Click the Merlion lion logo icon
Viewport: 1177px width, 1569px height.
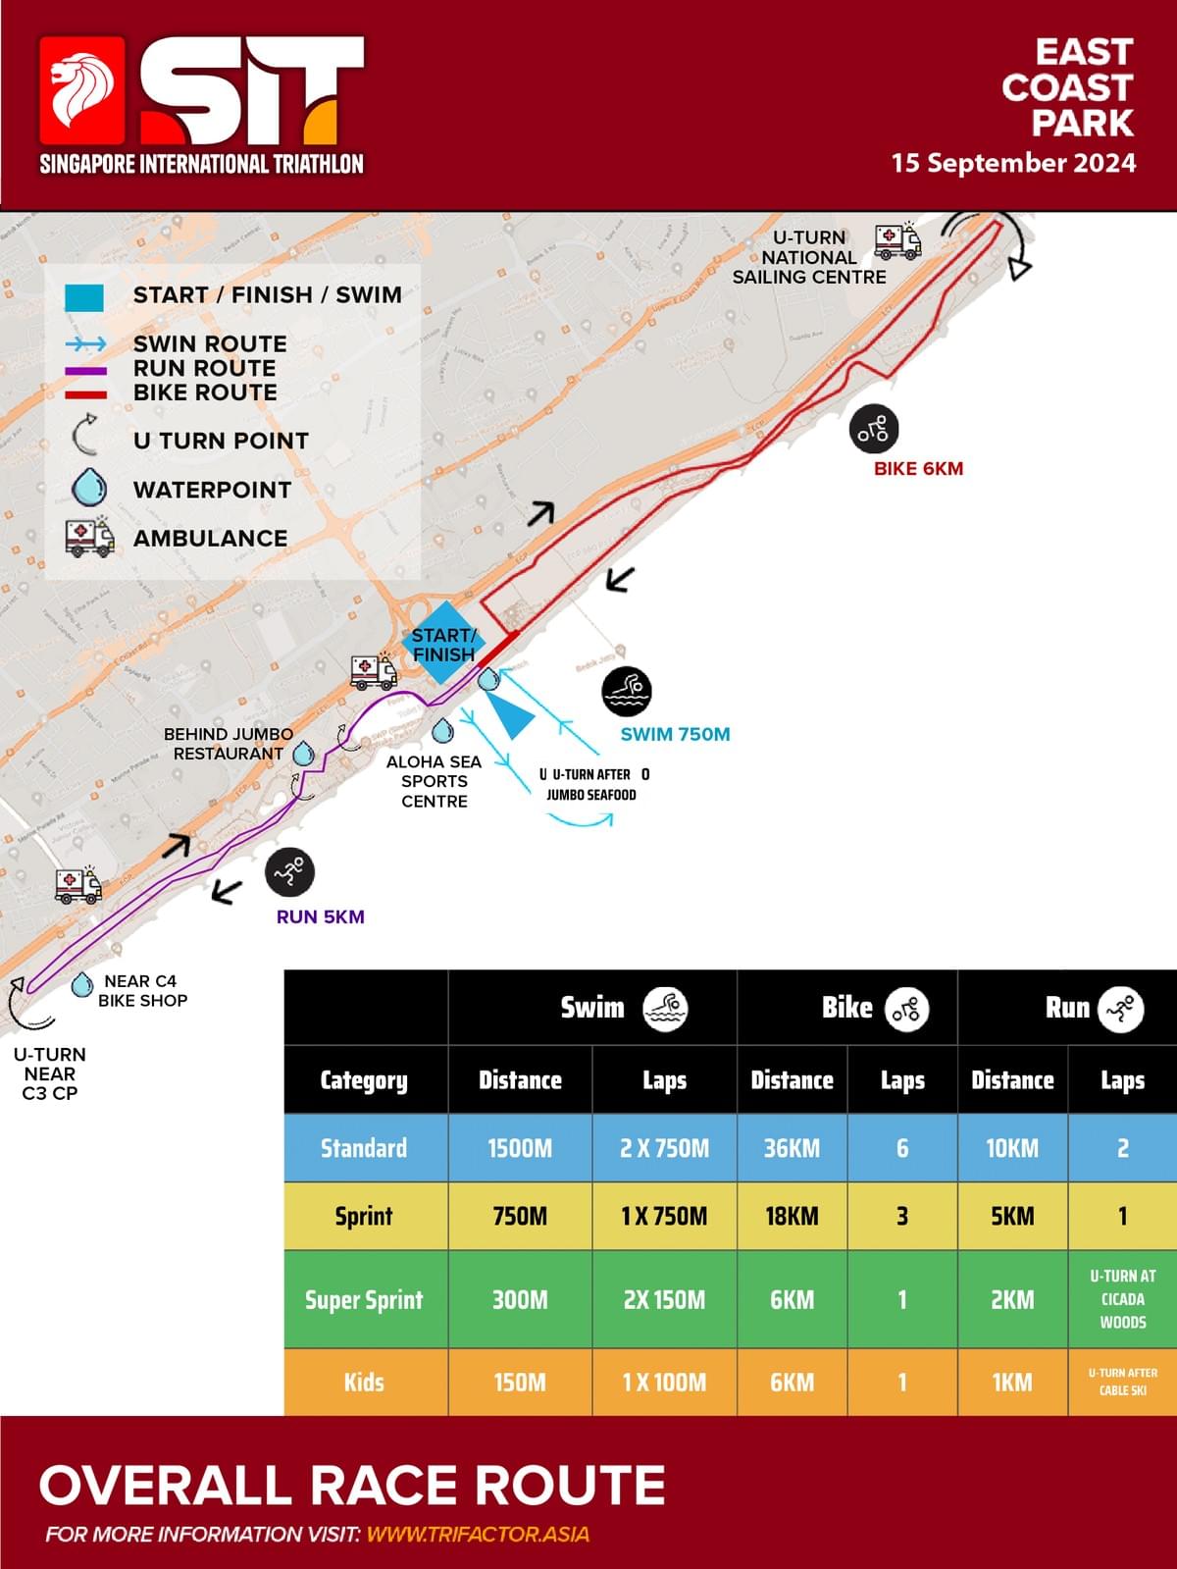[x=82, y=90]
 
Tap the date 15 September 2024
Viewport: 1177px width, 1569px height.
[x=1013, y=163]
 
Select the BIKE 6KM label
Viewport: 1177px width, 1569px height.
[x=918, y=469]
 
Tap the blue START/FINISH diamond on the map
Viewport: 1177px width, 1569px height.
[x=443, y=644]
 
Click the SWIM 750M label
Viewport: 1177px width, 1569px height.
[x=675, y=734]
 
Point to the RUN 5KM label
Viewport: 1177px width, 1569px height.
[x=320, y=916]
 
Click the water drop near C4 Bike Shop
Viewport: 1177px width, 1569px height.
[x=82, y=984]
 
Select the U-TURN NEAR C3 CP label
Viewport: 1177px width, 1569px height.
[x=50, y=1073]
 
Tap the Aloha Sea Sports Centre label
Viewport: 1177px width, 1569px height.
[x=434, y=781]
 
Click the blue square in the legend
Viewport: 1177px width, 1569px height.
[x=84, y=297]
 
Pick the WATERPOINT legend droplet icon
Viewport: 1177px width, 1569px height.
[x=90, y=489]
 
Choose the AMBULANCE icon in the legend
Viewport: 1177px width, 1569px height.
[x=89, y=537]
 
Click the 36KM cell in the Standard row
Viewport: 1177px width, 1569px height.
[x=792, y=1148]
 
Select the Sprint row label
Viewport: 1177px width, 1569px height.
[x=364, y=1216]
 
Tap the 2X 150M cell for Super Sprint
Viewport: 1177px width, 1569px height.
[x=664, y=1299]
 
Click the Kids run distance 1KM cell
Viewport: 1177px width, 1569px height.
[x=1012, y=1382]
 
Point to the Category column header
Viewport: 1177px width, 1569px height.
[x=364, y=1079]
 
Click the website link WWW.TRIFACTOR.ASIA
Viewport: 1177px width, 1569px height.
[x=478, y=1534]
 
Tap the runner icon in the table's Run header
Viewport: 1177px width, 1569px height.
[x=1121, y=1009]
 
